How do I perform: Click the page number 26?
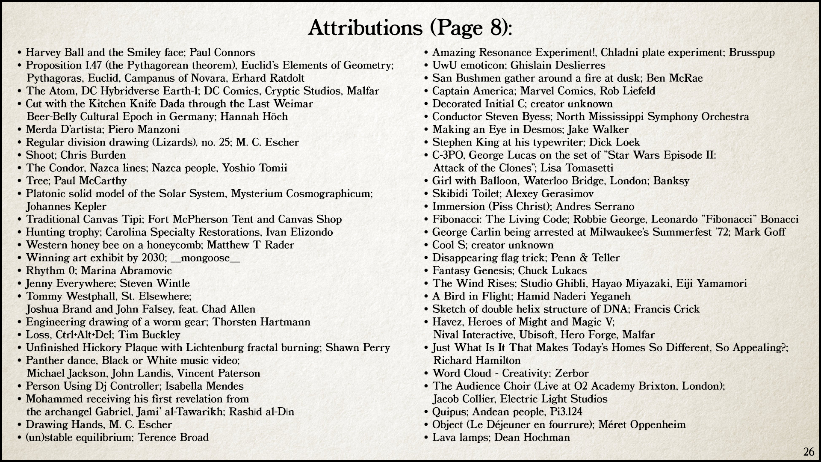pos(809,452)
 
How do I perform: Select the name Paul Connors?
pos(222,53)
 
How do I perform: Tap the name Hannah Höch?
pos(254,117)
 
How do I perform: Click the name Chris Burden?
pos(99,155)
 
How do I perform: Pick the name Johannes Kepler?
pos(66,207)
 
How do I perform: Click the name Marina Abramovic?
pos(127,271)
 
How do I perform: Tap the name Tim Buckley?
pos(149,335)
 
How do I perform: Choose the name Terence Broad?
pos(173,438)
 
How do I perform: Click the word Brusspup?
pos(752,53)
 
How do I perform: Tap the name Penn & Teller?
pos(585,258)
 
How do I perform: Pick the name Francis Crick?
pos(667,309)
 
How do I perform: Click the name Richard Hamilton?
pos(477,361)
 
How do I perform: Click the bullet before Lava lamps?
pos(426,438)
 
